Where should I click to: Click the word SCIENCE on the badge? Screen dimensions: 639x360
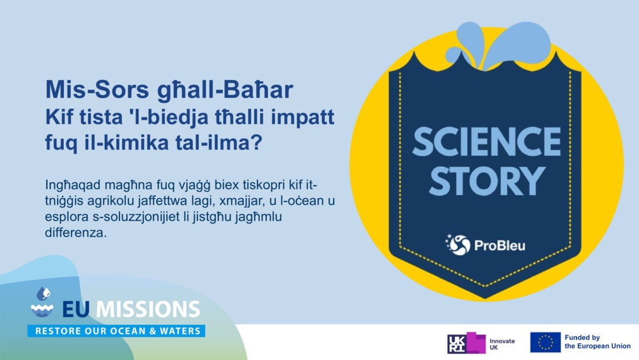[x=486, y=142]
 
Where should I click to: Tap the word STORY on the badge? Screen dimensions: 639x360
[x=486, y=181]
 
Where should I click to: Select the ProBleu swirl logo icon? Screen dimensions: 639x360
[x=458, y=245]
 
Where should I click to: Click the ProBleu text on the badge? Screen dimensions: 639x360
[x=500, y=246]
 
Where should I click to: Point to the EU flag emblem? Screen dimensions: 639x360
[x=545, y=342]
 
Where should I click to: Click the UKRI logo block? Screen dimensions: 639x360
[x=466, y=343]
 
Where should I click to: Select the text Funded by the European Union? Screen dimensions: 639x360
[x=597, y=341]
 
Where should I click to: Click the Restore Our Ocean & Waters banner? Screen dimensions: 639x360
[x=116, y=331]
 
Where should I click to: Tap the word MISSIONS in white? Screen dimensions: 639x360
[x=148, y=309]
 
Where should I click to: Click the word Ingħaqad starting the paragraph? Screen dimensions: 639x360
[x=73, y=185]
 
